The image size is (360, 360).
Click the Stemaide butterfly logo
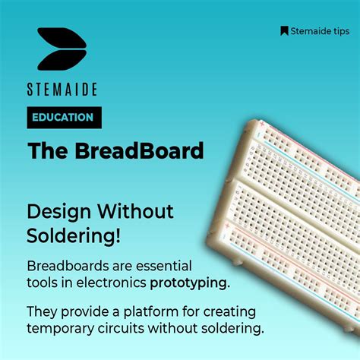[x=62, y=49]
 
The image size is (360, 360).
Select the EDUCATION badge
[x=63, y=118]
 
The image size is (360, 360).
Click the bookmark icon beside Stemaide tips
[x=284, y=31]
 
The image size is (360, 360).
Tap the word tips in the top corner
[x=338, y=31]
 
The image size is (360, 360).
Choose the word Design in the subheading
[x=55, y=210]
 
